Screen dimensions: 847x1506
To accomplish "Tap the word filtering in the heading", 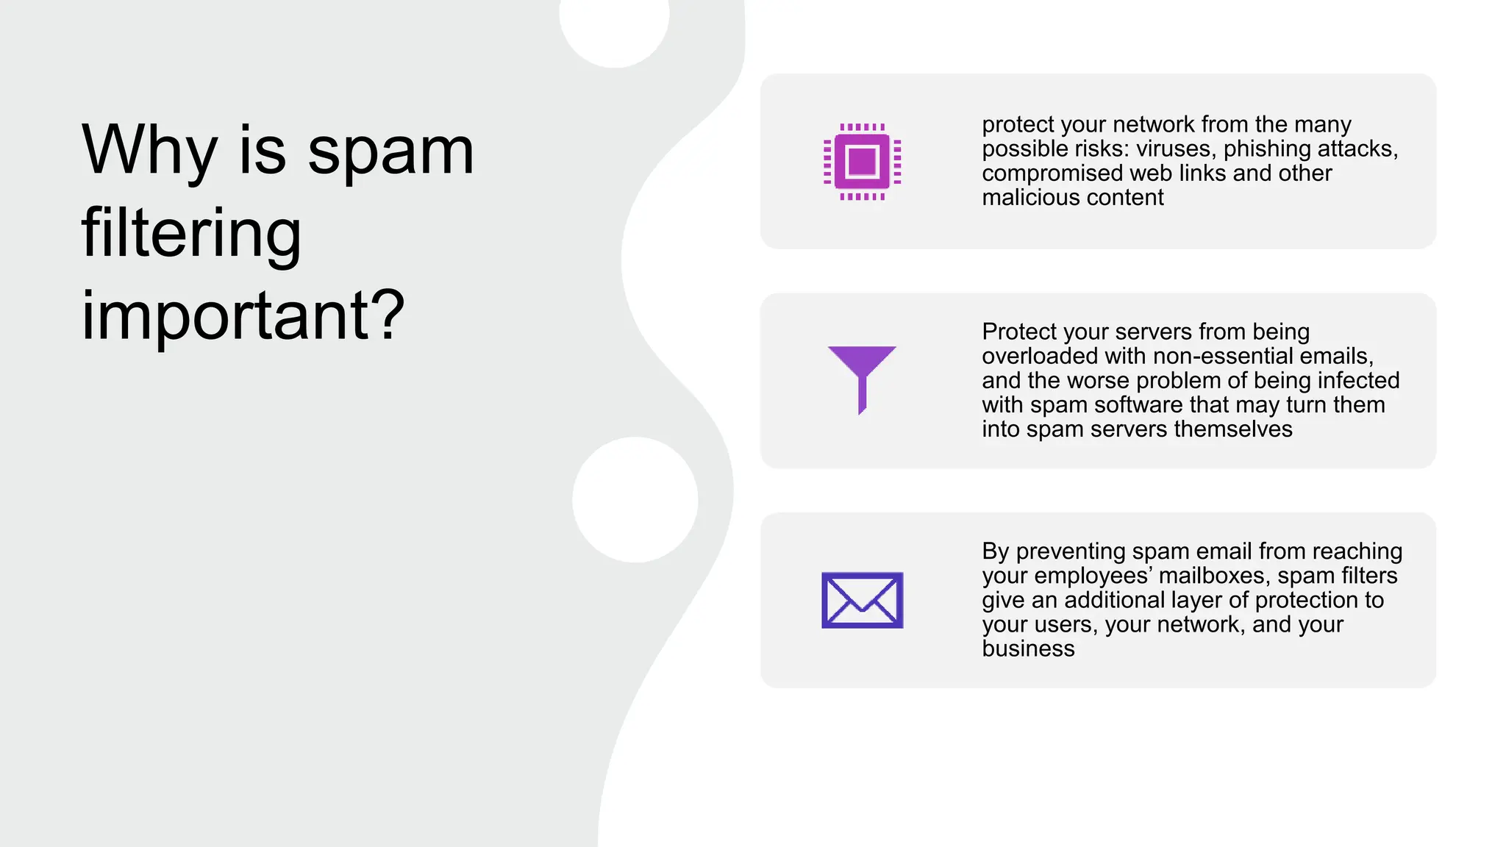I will coord(191,234).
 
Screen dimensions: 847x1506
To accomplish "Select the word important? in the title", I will coord(243,316).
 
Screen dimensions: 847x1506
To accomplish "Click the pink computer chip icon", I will coord(862,162).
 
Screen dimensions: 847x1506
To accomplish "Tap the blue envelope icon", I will coord(862,600).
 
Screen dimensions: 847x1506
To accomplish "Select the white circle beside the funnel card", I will coord(635,500).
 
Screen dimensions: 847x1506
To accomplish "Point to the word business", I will coord(1028,648).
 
